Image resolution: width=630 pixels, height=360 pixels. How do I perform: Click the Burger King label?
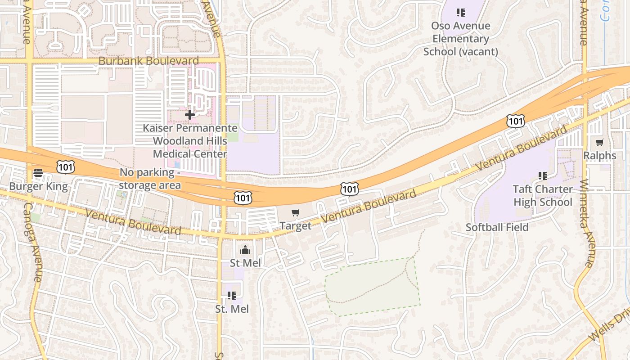coord(39,186)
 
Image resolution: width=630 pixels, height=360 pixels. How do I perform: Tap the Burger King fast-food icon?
coord(38,173)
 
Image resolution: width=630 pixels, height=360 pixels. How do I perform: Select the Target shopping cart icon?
coord(296,212)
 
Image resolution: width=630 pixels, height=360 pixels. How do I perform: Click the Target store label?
coord(296,225)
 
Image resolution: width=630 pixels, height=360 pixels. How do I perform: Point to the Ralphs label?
coord(600,156)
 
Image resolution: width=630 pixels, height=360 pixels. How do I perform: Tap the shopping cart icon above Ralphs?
coord(599,143)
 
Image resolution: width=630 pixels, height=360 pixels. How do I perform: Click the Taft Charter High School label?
coord(543,195)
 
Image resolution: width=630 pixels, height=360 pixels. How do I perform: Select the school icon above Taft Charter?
coord(543,175)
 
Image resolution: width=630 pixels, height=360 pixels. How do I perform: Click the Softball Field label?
coord(497,227)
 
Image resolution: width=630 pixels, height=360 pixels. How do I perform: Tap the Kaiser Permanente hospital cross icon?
coord(190,115)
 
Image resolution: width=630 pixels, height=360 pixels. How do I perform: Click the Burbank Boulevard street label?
coord(148,61)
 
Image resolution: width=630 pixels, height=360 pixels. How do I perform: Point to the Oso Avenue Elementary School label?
coord(460,39)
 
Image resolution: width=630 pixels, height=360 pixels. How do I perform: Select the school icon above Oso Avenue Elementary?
coord(460,13)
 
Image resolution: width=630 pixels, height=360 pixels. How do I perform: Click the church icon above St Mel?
coord(245,250)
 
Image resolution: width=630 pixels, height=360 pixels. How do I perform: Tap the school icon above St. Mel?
coord(232,296)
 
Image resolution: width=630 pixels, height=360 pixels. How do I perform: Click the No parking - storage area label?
coord(150,179)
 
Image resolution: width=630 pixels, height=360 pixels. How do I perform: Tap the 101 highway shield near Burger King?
coord(66,167)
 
